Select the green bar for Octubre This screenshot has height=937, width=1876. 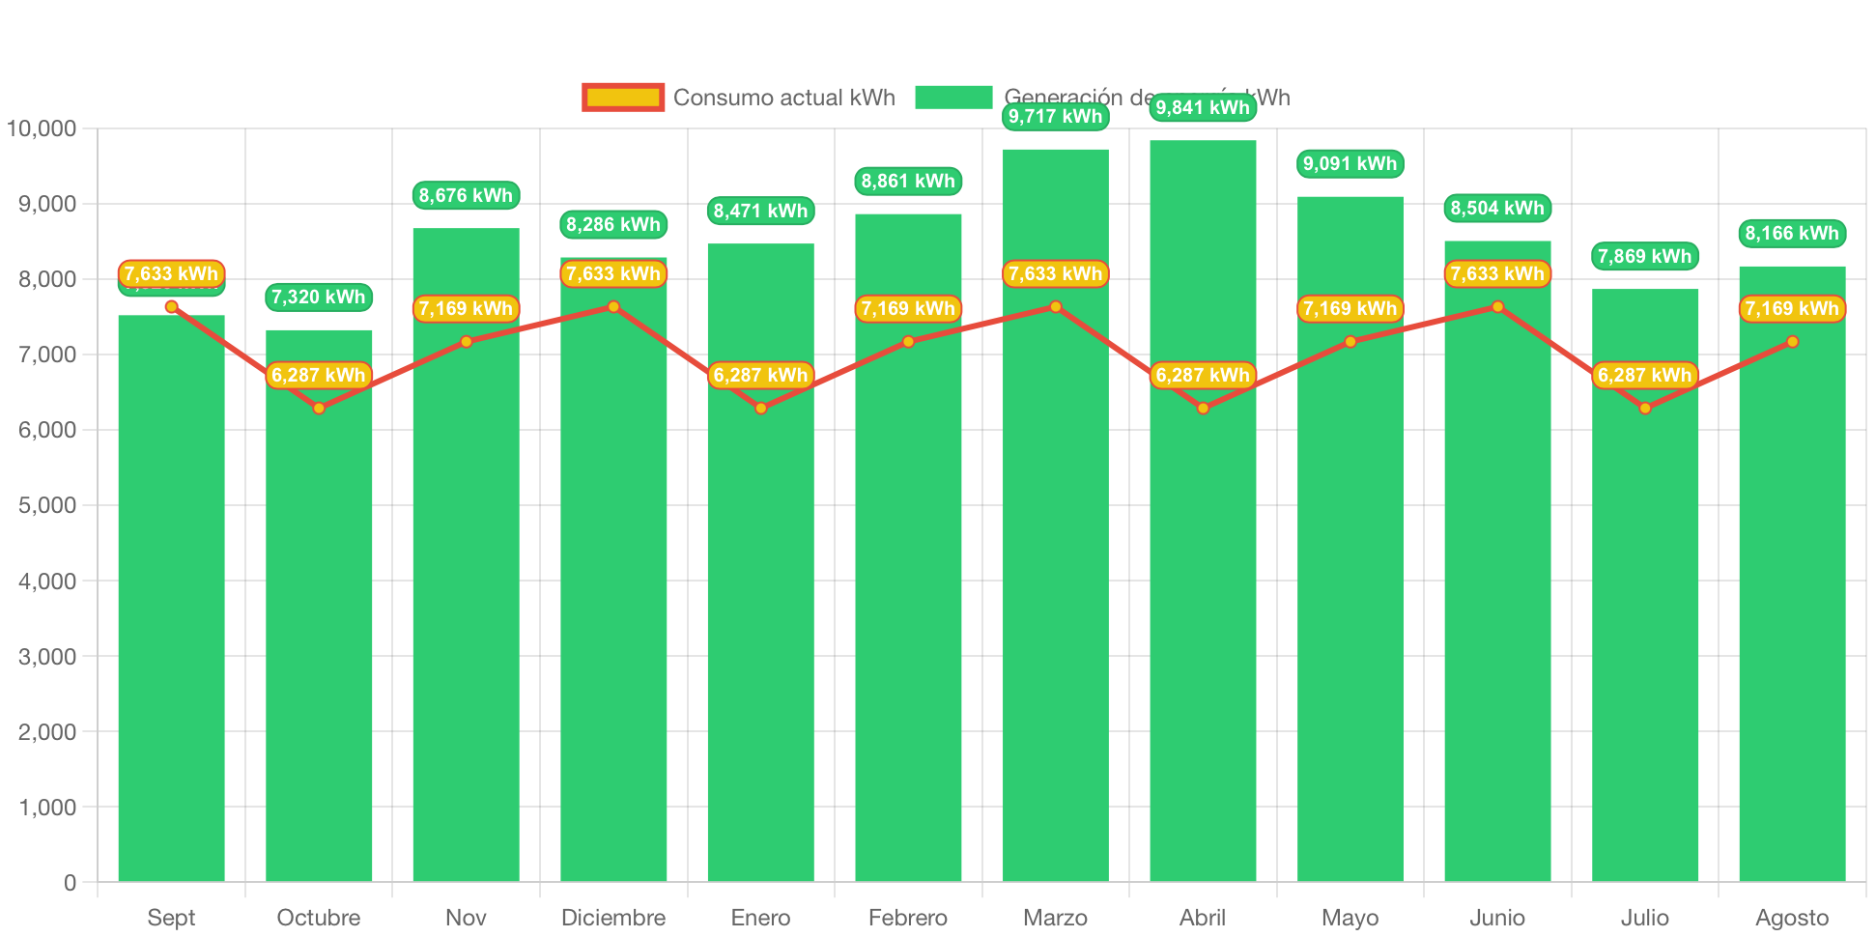point(319,628)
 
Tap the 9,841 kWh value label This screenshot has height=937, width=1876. point(1203,107)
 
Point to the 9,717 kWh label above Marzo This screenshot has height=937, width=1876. point(1055,117)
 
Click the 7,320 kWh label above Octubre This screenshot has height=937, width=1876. point(319,297)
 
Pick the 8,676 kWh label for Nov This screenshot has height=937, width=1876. point(466,195)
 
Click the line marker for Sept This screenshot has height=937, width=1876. point(171,307)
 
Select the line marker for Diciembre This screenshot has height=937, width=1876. point(613,307)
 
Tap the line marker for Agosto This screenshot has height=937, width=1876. point(1792,342)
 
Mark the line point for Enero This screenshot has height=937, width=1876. point(761,409)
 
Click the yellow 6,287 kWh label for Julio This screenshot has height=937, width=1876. point(1644,375)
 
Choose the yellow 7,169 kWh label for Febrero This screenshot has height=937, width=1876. point(908,308)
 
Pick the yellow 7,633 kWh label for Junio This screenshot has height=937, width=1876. point(1497,273)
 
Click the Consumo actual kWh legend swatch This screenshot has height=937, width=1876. point(623,98)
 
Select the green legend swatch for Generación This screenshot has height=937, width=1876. point(953,98)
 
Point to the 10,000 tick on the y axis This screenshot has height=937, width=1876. point(42,128)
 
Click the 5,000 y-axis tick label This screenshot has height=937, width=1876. point(47,505)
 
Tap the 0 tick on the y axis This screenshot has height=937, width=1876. point(70,882)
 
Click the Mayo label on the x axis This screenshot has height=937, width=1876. point(1350,917)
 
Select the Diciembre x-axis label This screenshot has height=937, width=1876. point(613,917)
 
